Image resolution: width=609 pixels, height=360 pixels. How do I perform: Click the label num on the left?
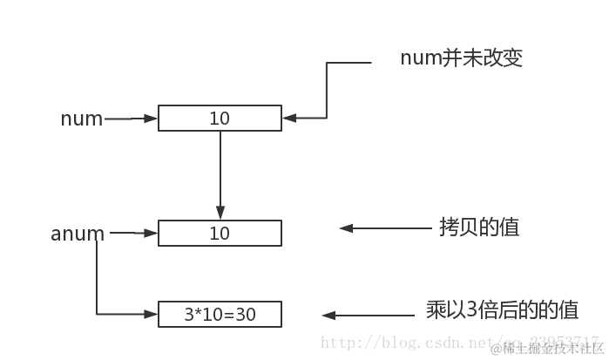[x=81, y=119]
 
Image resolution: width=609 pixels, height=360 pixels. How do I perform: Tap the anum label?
[x=78, y=234]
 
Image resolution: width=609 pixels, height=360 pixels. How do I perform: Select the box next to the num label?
[x=220, y=119]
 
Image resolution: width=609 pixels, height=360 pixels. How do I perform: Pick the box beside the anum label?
[x=220, y=234]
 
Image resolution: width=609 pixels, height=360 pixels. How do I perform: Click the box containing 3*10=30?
[x=220, y=313]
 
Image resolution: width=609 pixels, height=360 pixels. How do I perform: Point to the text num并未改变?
[x=461, y=58]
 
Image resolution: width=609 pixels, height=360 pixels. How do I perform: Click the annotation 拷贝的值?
[x=479, y=228]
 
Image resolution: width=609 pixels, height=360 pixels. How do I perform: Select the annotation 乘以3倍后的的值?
[x=502, y=311]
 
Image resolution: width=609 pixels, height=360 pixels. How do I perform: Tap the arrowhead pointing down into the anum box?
[x=220, y=213]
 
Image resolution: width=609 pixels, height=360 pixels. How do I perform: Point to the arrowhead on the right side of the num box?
[x=288, y=117]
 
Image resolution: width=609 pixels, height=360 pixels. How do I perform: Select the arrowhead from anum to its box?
[x=152, y=233]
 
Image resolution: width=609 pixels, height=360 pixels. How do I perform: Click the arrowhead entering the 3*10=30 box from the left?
[x=152, y=313]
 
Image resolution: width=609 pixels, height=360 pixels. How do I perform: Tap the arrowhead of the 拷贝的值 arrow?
[x=346, y=228]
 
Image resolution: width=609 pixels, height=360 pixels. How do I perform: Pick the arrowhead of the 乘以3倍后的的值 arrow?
[x=329, y=315]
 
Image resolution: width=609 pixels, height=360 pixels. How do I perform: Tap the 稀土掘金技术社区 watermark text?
[x=549, y=349]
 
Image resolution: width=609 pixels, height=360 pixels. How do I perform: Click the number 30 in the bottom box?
[x=246, y=313]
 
